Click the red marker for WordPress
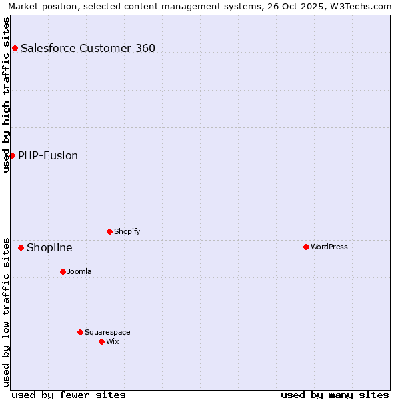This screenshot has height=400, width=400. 306,247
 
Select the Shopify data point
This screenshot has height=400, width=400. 109,231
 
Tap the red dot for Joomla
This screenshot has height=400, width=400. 63,271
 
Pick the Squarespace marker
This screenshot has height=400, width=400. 80,332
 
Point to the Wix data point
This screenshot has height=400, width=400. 101,341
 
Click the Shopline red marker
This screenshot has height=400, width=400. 21,247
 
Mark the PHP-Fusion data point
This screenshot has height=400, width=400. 12,155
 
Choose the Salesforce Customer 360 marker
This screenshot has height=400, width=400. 15,48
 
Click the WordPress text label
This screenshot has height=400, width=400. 329,247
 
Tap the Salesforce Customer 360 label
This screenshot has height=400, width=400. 88,48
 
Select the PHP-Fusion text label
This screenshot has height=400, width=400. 48,155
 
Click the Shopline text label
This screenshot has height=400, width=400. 49,248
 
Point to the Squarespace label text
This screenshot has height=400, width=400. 107,332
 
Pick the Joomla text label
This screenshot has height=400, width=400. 79,271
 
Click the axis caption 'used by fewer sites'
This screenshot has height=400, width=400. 69,395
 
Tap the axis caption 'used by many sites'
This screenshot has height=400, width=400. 335,395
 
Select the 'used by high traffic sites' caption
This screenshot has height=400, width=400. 6,95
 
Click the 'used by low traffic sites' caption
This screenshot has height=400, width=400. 6,311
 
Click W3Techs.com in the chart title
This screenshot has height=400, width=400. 363,6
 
